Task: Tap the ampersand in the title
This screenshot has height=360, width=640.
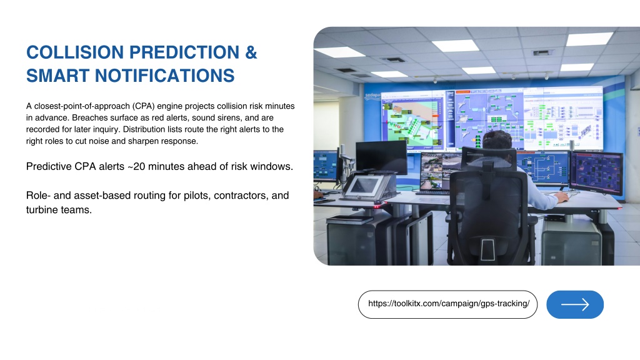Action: tap(251, 52)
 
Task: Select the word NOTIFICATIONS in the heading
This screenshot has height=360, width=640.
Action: tap(165, 76)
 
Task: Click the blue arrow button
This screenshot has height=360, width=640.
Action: tap(575, 304)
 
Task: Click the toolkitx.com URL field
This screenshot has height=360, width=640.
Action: tap(447, 304)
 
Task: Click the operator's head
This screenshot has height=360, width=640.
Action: tap(496, 141)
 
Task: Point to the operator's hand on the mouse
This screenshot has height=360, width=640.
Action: tap(561, 197)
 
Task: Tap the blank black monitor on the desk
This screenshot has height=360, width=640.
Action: tap(381, 157)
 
